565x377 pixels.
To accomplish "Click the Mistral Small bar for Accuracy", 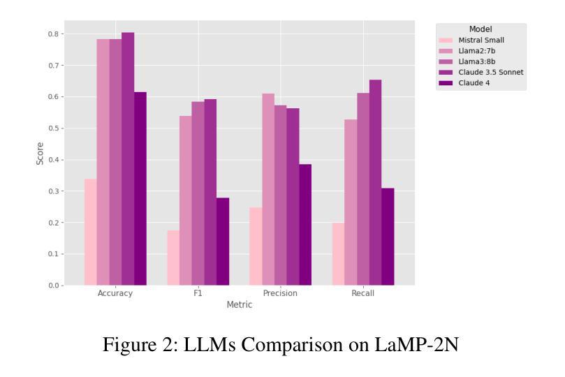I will tap(90, 232).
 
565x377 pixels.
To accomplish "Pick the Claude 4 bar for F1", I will tap(223, 242).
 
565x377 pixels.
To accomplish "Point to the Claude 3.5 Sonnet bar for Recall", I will tap(375, 182).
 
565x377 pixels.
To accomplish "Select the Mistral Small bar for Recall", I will tap(338, 254).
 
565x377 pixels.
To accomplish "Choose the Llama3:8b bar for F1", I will tap(198, 193).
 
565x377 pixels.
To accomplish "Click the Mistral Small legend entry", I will tap(481, 40).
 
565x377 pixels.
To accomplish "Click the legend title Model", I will tap(480, 29).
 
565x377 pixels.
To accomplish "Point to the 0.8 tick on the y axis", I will tap(53, 34).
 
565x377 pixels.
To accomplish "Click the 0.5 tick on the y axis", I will tap(53, 128).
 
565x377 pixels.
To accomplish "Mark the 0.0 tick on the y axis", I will tap(53, 286).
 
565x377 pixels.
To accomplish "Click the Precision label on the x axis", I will tap(280, 294).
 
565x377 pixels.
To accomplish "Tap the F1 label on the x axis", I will tap(198, 294).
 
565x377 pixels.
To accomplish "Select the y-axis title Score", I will tap(40, 154).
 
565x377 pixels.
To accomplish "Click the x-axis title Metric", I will tap(239, 305).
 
